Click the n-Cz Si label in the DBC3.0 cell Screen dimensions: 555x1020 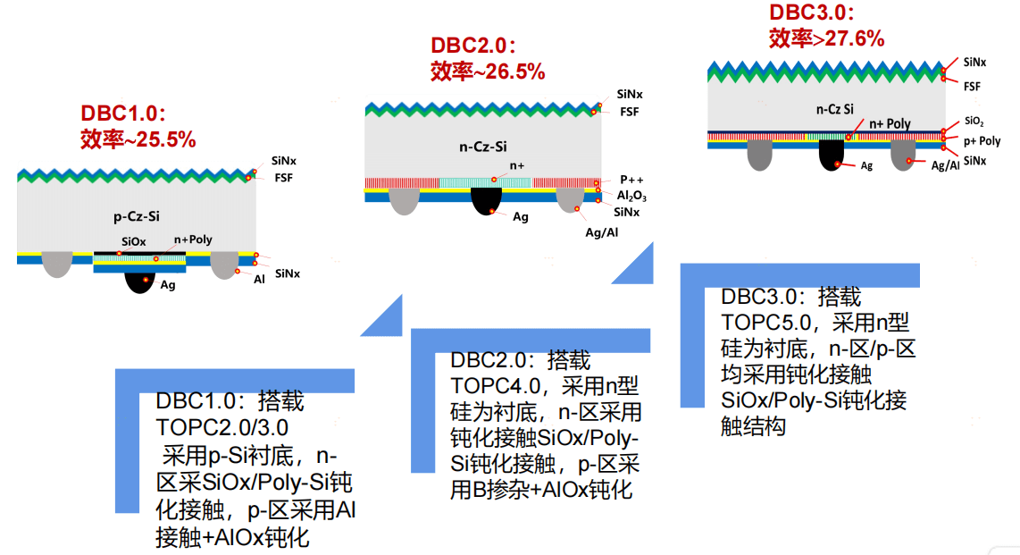[835, 109]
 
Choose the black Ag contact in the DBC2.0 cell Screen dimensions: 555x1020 [486, 199]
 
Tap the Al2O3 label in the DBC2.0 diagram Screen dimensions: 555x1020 [631, 196]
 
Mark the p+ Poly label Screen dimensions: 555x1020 [982, 141]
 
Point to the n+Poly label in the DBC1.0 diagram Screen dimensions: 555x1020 [193, 240]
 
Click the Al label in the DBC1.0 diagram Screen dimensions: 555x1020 [260, 279]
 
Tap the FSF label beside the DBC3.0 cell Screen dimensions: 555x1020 [973, 86]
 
